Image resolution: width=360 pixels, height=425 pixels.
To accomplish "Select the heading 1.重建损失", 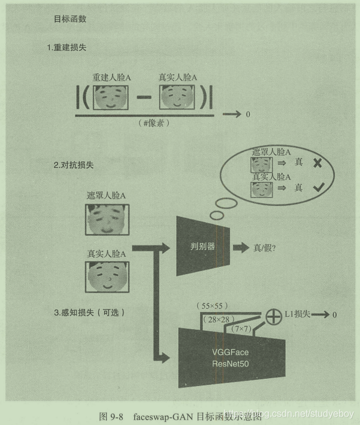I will [70, 48].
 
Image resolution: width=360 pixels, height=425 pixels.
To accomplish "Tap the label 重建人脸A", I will [111, 77].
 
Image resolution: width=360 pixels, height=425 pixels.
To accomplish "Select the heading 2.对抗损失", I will [71, 163].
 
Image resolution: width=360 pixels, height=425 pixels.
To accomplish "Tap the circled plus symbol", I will [273, 315].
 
